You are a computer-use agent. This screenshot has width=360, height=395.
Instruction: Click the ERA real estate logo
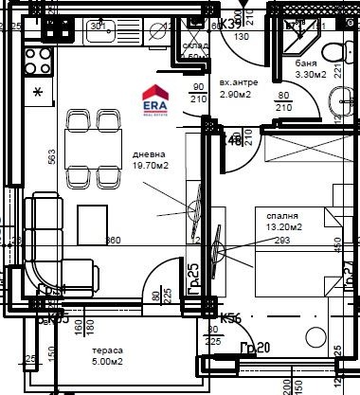pyautogui.click(x=156, y=98)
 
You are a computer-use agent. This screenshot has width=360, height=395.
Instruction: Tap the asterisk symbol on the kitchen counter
pyautogui.click(x=38, y=93)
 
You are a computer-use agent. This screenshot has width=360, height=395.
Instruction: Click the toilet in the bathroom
pyautogui.click(x=333, y=53)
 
